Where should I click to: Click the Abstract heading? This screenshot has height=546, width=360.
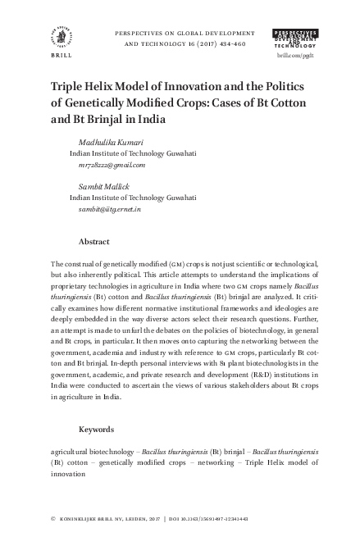(94, 243)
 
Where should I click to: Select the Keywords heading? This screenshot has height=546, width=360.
(97, 430)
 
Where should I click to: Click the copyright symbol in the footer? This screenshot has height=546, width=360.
(53, 519)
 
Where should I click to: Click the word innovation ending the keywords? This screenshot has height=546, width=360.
(67, 473)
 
